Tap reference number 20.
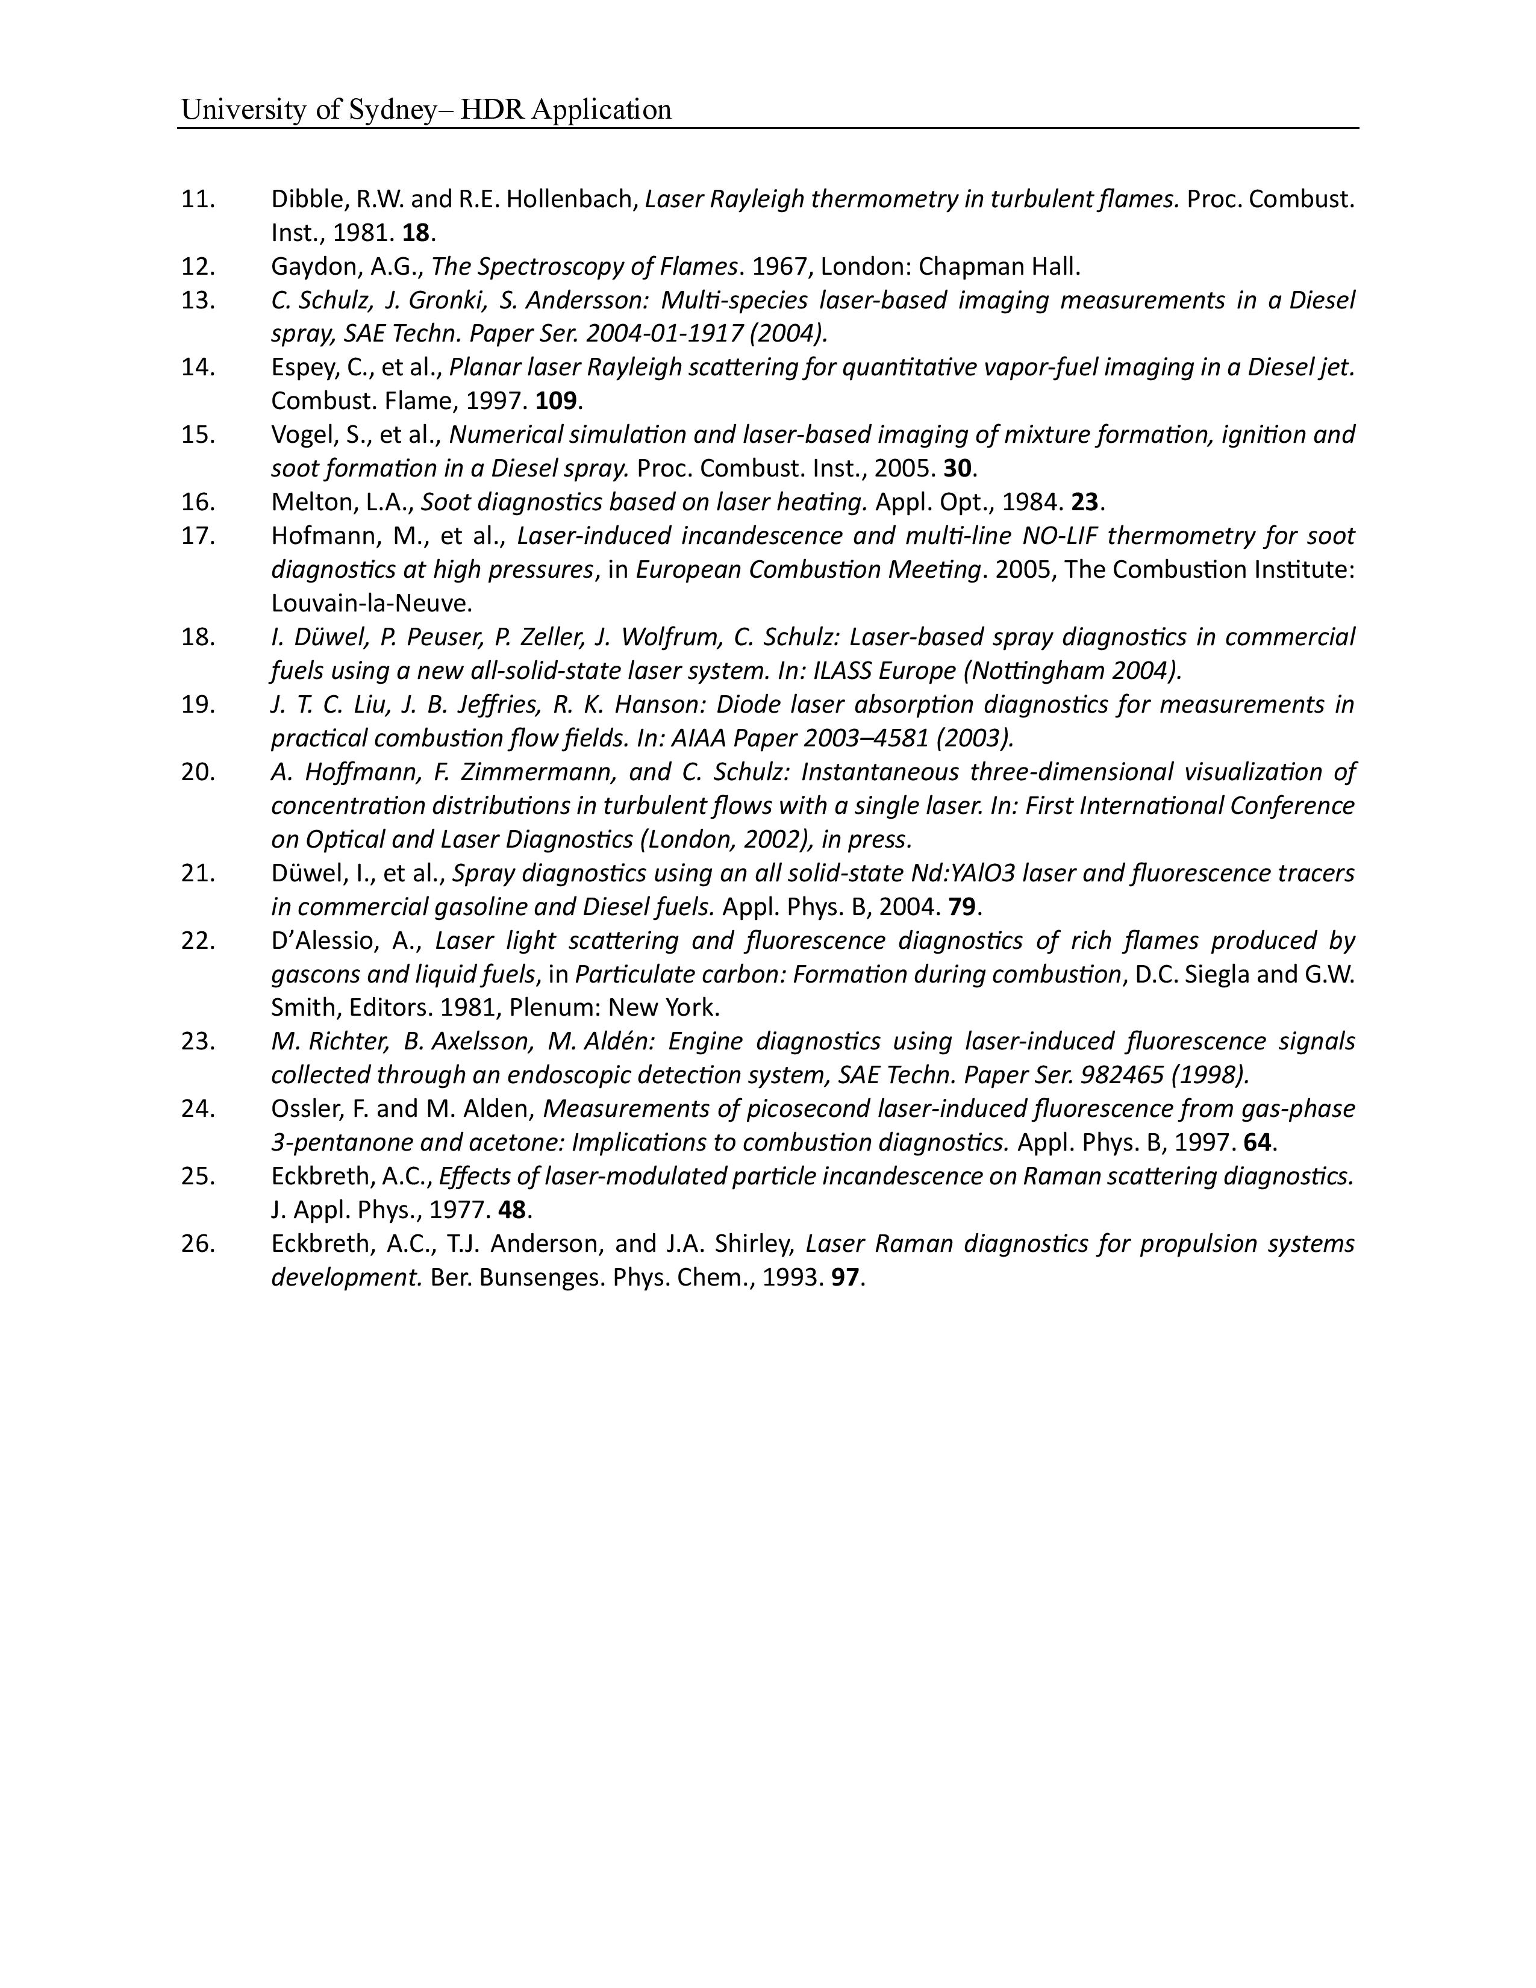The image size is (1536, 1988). pos(198,772)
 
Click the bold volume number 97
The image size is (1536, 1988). pos(844,1277)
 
